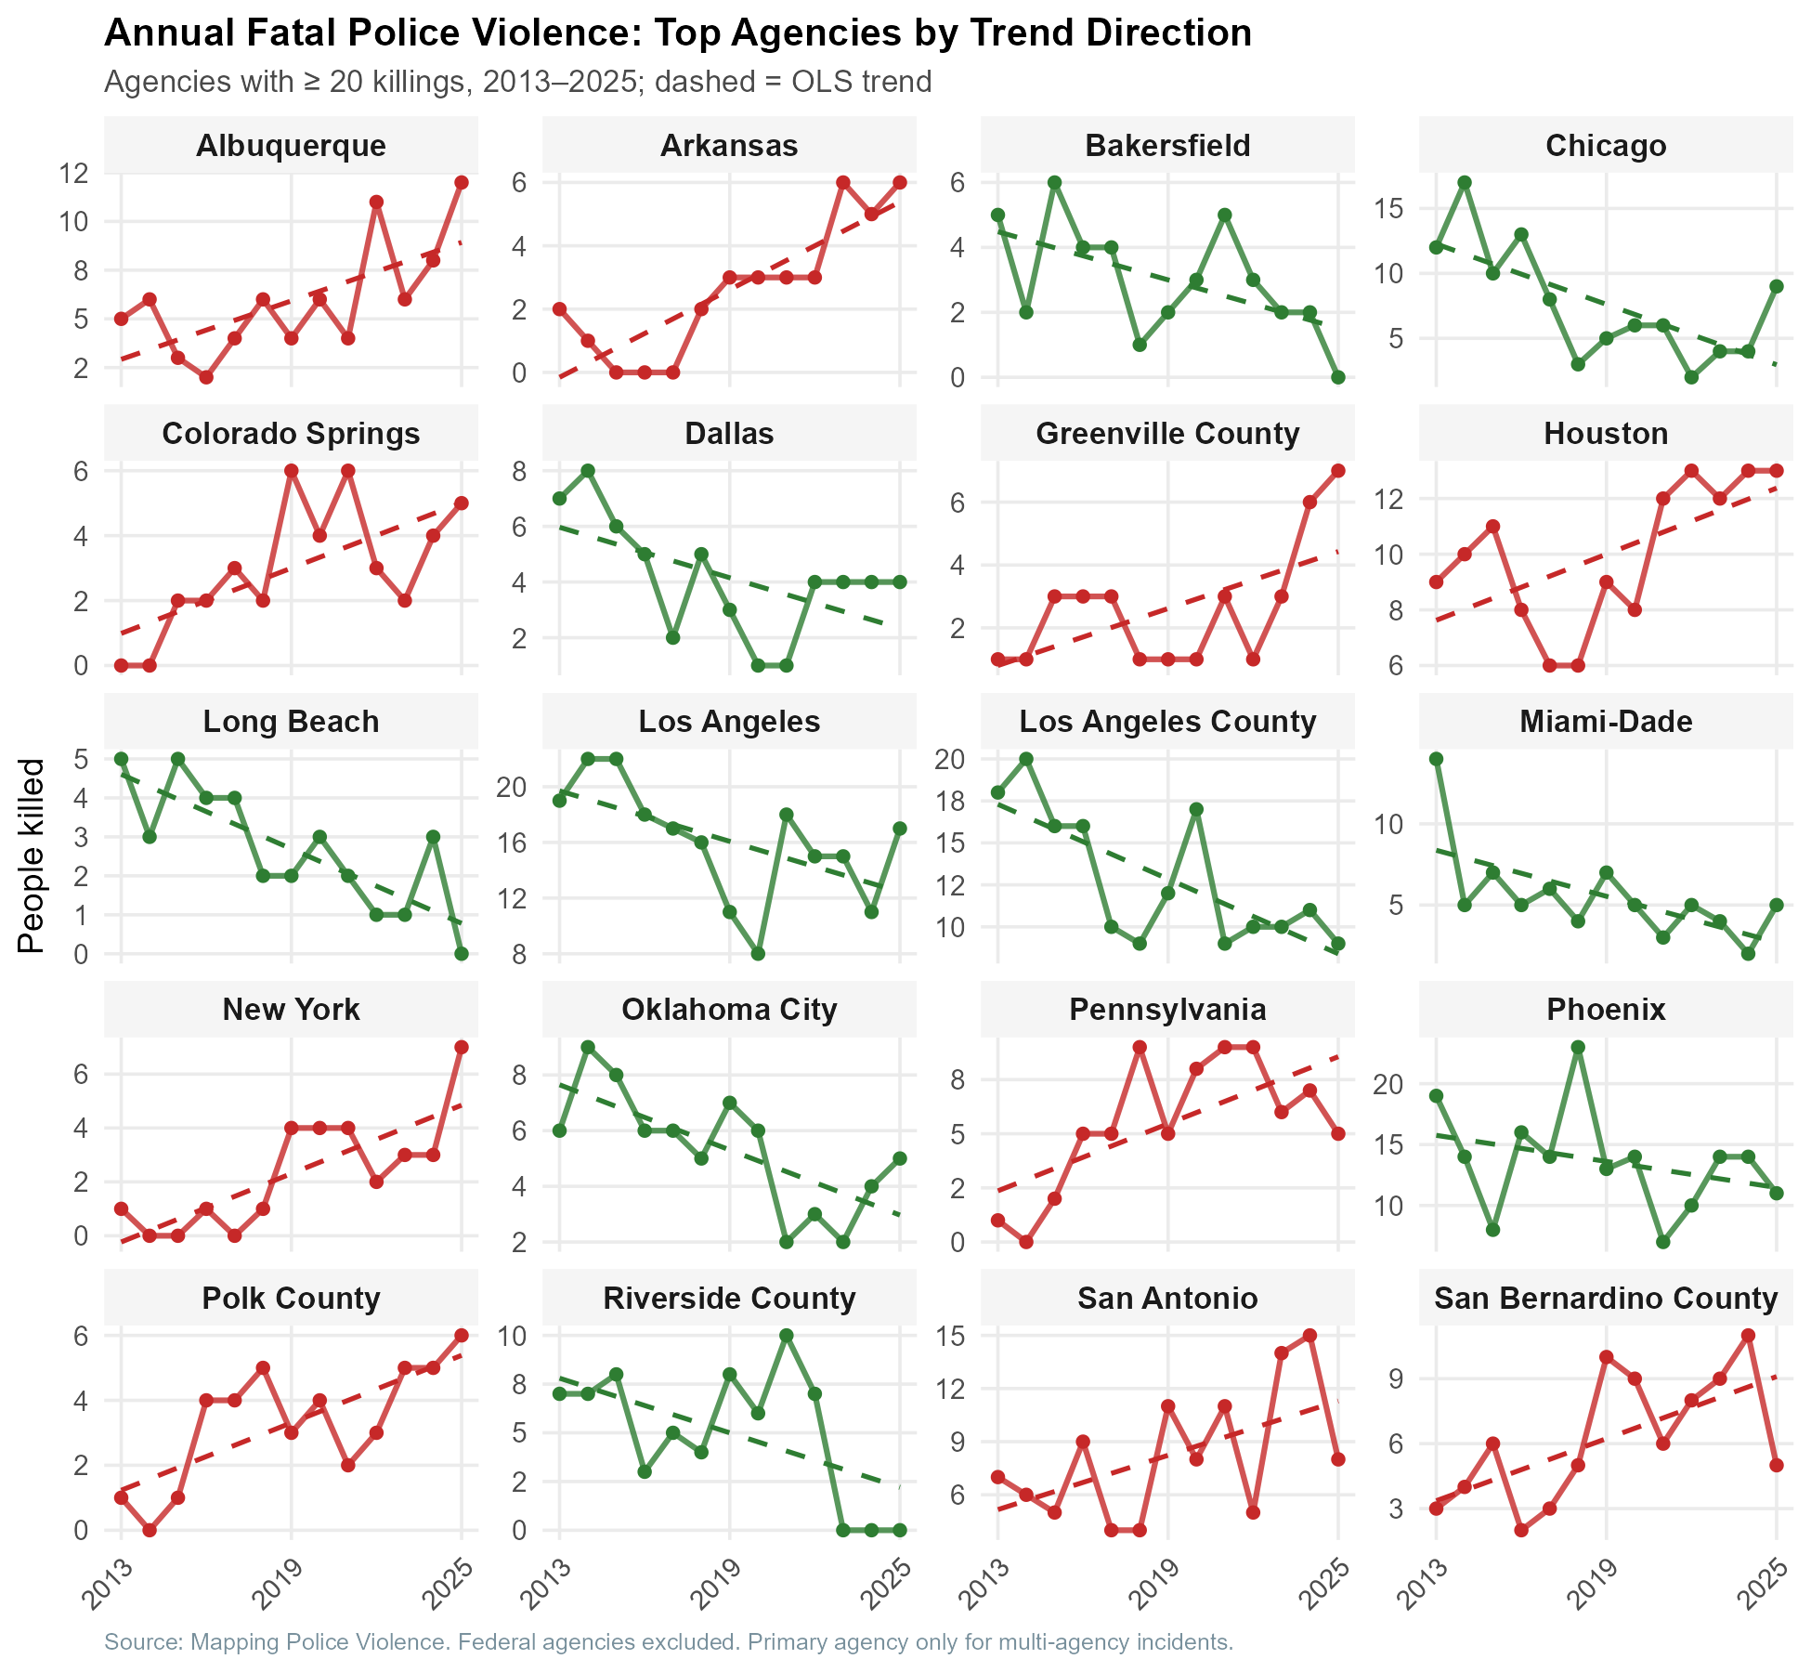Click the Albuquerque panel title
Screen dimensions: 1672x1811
click(x=291, y=146)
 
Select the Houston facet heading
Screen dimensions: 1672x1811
click(x=1606, y=434)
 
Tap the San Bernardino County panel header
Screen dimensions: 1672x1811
click(x=1606, y=1298)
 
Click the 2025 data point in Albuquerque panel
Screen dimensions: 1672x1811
click(x=462, y=182)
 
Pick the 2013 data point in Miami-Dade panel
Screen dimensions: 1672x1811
click(x=1436, y=759)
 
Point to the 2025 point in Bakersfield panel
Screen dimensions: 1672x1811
click(x=1338, y=377)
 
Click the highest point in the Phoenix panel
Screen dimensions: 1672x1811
click(x=1578, y=1047)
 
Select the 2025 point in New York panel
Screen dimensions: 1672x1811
click(x=462, y=1047)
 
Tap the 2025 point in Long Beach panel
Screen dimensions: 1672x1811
click(x=462, y=954)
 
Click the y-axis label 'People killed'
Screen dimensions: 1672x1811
click(x=32, y=856)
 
